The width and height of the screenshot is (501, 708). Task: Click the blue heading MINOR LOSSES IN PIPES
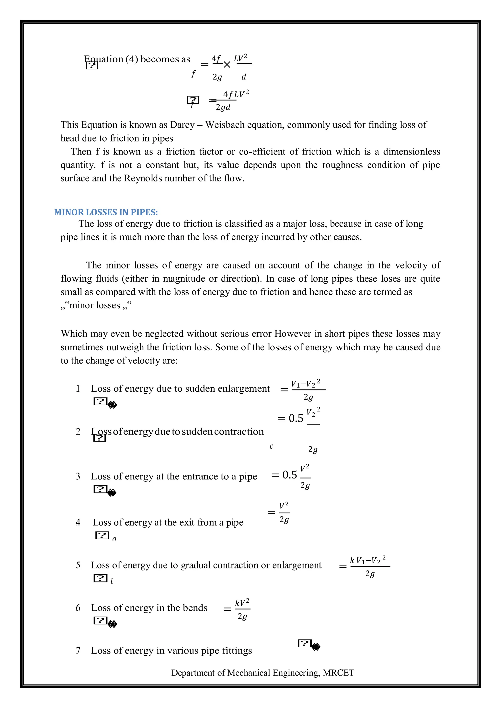click(x=106, y=212)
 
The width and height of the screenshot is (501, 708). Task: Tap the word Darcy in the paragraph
click(x=182, y=125)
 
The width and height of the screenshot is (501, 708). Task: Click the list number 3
click(x=78, y=476)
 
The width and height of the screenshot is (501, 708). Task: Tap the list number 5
click(x=78, y=565)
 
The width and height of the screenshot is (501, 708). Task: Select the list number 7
click(x=78, y=651)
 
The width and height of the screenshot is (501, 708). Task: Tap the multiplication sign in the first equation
click(x=227, y=65)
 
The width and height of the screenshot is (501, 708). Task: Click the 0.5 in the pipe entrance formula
click(x=289, y=475)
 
